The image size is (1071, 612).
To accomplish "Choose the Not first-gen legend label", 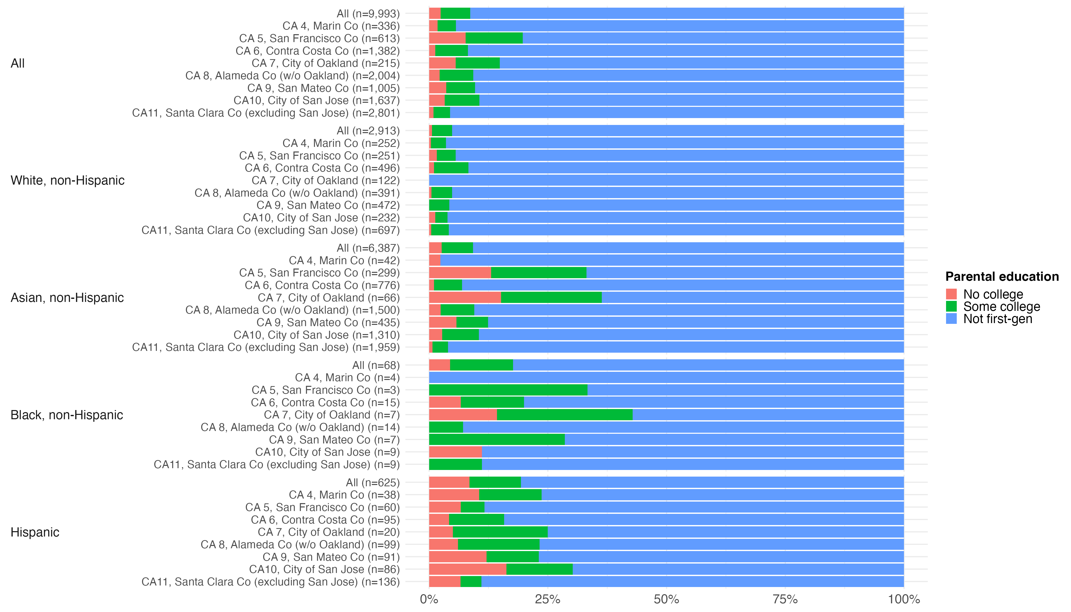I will point(998,319).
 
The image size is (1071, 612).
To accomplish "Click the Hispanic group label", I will point(35,532).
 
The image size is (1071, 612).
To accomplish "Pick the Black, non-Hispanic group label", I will point(67,415).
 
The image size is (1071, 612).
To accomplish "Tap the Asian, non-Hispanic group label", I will point(67,298).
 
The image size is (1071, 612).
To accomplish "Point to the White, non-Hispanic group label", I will point(68,180).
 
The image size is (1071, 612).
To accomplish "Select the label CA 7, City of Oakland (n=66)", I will point(329,298).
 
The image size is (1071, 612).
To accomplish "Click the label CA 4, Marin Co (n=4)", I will point(347,377).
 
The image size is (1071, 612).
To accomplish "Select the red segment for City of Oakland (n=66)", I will point(465,298).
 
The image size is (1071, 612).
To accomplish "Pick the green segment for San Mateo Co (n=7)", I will point(497,440).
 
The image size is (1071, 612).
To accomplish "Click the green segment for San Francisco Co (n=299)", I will point(539,273).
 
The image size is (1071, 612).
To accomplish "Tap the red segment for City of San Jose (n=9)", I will point(455,452).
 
